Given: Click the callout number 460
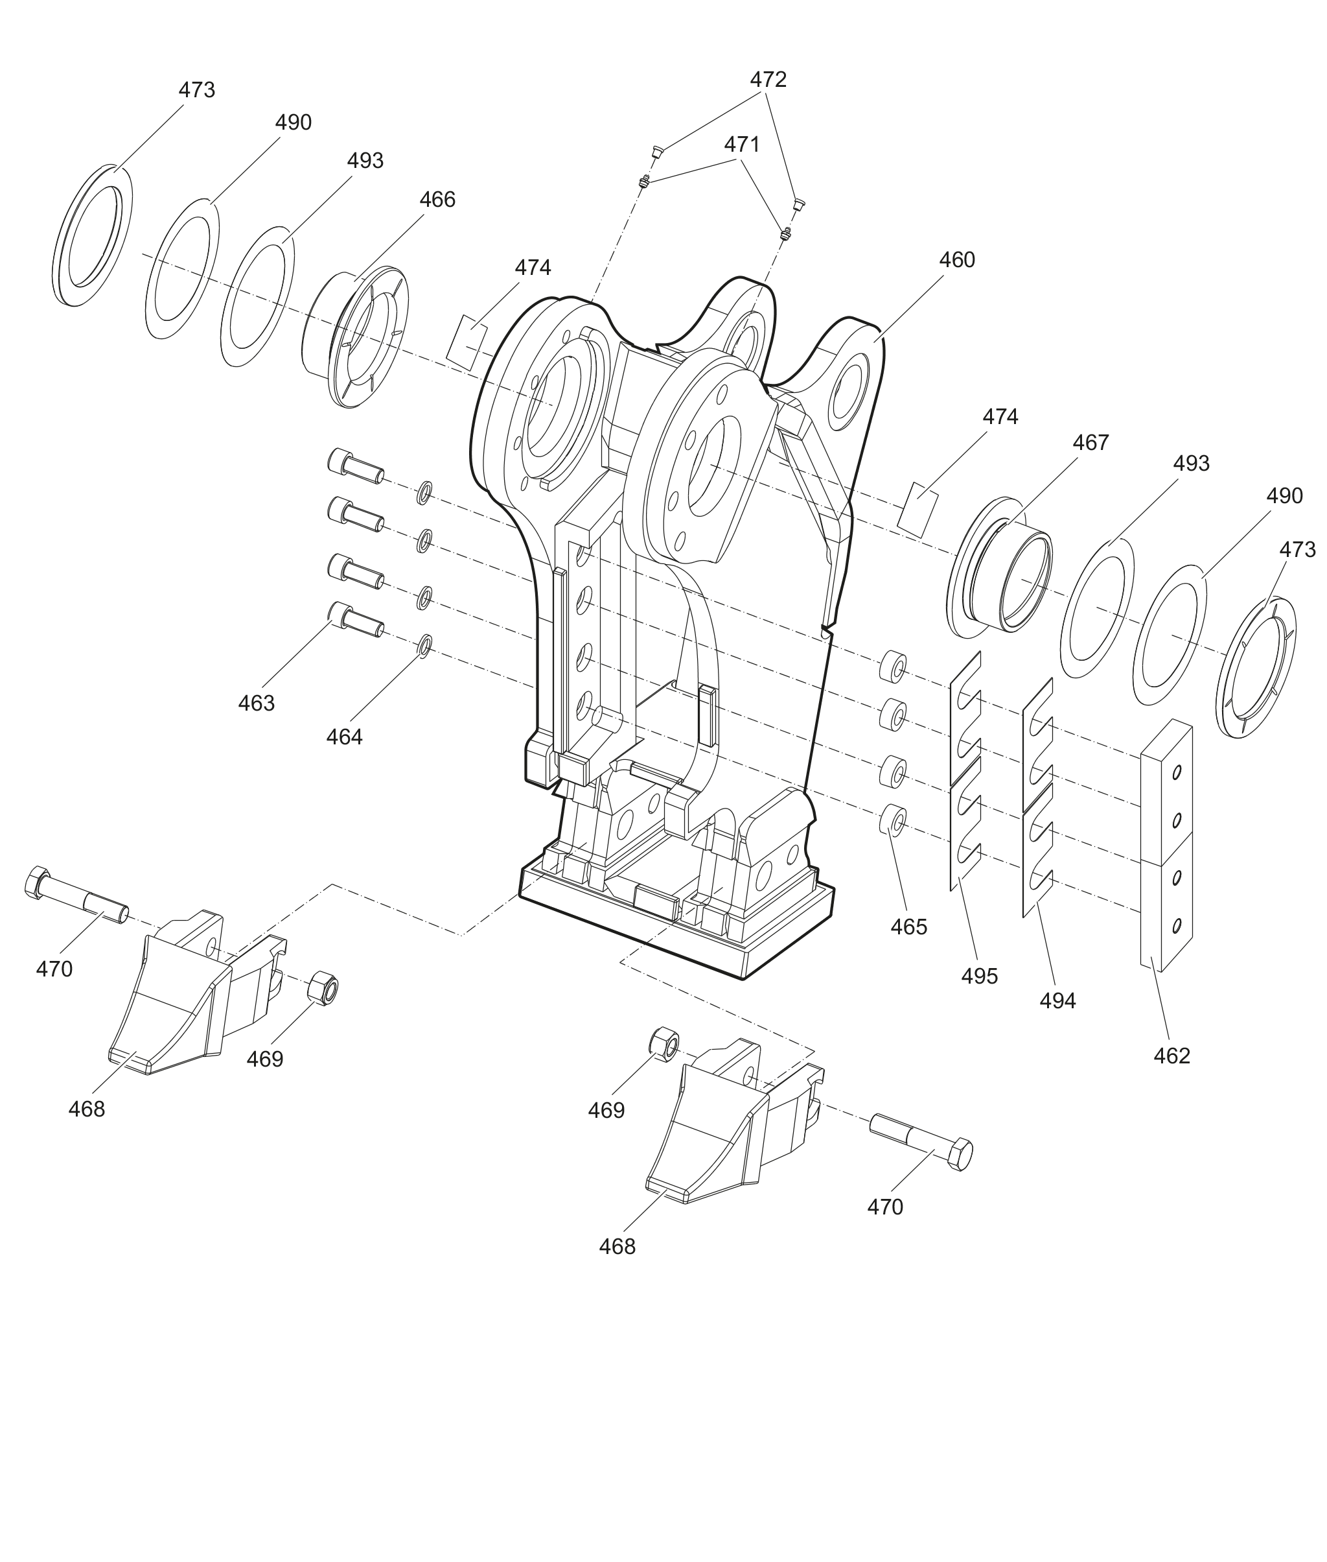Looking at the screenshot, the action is point(957,260).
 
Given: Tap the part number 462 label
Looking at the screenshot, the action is point(1172,1056).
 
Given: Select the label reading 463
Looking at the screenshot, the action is point(257,703).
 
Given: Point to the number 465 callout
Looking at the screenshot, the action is point(908,927).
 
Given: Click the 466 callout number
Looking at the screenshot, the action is point(437,200).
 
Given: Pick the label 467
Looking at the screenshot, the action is point(1090,443).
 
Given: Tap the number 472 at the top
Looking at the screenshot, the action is point(768,80).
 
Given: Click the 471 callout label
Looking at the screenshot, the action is point(743,145).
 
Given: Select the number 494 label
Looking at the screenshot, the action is point(1057,1001).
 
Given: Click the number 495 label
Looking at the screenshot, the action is point(980,976).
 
